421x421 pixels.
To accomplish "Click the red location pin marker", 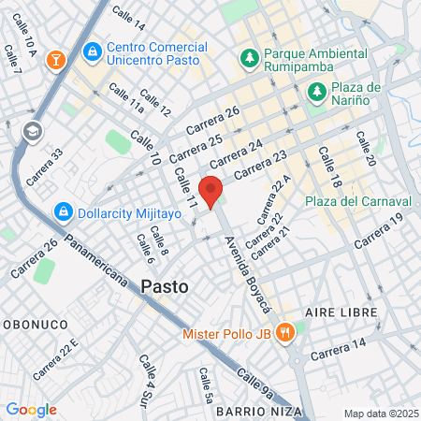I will tap(211, 191).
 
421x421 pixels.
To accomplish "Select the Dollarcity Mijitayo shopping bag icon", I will tap(64, 211).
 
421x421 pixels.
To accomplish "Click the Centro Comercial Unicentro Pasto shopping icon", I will tap(92, 50).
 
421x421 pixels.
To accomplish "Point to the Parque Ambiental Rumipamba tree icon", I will tap(249, 58).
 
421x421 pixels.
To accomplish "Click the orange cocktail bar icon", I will tap(56, 59).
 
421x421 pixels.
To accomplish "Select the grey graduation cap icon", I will tap(33, 130).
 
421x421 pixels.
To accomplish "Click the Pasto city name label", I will tap(165, 286).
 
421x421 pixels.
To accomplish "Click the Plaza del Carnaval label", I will tap(358, 201).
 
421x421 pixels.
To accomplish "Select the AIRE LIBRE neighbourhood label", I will tap(341, 312).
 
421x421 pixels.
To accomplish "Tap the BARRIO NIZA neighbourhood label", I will tap(258, 412).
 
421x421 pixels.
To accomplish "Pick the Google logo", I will tap(31, 410).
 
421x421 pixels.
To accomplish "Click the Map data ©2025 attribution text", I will tap(379, 414).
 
